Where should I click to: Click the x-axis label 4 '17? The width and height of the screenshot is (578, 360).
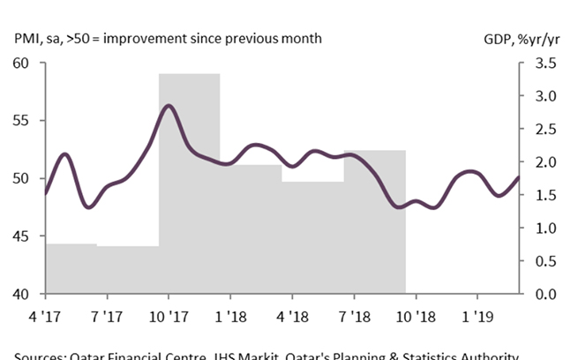click(46, 314)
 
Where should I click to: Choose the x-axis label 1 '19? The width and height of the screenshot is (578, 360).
click(477, 314)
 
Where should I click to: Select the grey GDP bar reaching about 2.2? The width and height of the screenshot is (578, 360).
click(374, 221)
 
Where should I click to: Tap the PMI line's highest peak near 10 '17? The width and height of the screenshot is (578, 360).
click(169, 105)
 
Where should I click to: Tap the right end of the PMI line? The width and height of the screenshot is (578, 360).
click(519, 177)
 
